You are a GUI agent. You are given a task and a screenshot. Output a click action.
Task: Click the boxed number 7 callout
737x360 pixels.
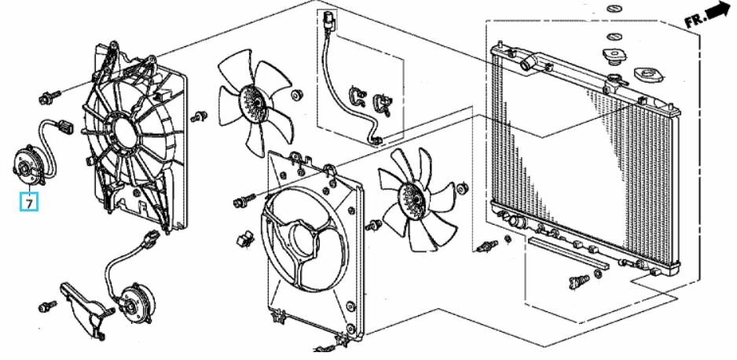[x=29, y=203]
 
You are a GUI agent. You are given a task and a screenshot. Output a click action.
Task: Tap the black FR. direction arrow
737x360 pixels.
[x=718, y=10]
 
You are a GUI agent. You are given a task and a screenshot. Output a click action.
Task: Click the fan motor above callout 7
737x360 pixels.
[x=25, y=163]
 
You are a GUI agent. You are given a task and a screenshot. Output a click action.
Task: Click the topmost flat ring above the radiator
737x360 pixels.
[x=613, y=9]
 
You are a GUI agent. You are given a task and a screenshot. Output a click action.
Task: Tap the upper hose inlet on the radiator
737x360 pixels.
[x=527, y=63]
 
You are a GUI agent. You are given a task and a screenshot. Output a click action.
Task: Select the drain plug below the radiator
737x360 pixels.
[x=578, y=281]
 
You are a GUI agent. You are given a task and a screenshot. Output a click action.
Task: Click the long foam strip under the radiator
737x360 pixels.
[x=568, y=252]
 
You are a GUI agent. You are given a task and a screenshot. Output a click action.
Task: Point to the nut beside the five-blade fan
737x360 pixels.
[x=296, y=95]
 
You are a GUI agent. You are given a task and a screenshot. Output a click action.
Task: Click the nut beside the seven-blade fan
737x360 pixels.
[x=463, y=189]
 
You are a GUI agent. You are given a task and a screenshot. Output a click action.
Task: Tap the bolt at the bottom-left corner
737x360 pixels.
[x=47, y=307]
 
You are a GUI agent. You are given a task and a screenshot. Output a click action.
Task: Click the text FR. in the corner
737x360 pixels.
[x=695, y=20]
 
